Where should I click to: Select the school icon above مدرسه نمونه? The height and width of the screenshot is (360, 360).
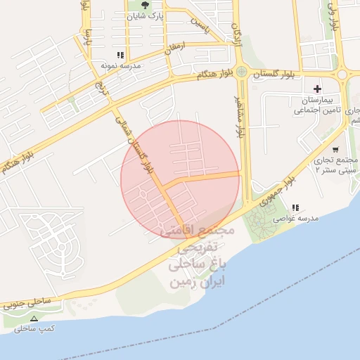coord(121,55)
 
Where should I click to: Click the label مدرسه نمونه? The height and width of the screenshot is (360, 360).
coord(121,65)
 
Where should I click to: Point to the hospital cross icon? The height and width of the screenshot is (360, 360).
coord(317,89)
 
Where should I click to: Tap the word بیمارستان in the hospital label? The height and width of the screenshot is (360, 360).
coord(308,101)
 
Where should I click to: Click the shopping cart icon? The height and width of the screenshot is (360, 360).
coord(335,149)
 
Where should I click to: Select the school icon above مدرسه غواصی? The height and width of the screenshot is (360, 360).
coord(295,207)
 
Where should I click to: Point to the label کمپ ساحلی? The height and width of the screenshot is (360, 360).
coord(34,328)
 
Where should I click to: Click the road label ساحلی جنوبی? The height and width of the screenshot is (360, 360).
coord(27,302)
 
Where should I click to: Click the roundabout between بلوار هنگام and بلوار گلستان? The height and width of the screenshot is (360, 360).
coord(241,71)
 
